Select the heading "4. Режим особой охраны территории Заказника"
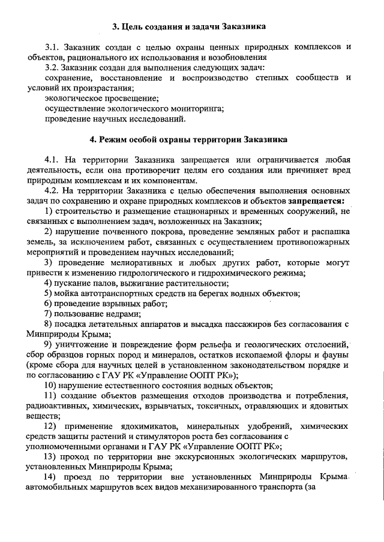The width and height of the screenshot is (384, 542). tap(189, 140)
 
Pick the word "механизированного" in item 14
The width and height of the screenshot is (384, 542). tap(258, 487)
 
